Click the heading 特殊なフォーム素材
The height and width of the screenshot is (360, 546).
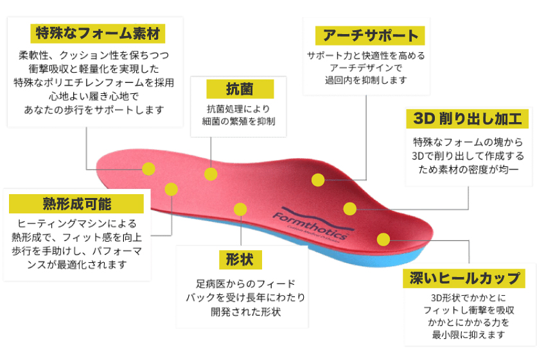coord(98,32)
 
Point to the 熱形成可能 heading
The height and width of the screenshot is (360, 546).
coord(76,204)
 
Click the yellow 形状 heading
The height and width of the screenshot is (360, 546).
coord(240,260)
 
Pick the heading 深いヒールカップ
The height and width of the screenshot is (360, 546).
coord(464,278)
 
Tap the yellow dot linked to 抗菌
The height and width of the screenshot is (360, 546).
coord(211,174)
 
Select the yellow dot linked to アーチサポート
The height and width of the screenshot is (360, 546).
coord(317,180)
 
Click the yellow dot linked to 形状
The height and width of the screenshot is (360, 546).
coord(240,209)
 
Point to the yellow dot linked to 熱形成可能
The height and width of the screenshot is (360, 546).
coord(171,189)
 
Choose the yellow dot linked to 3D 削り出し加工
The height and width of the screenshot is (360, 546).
coord(349,209)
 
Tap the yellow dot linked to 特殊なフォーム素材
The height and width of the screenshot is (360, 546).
coord(148,169)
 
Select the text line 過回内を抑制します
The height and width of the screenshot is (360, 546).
coord(365,80)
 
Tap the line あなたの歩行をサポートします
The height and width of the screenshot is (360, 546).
coord(94,109)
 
